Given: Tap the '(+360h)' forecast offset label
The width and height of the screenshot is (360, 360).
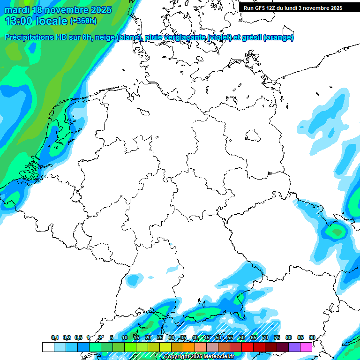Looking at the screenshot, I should [x=83, y=21].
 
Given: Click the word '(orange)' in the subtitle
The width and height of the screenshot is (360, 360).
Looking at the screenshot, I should [x=278, y=37].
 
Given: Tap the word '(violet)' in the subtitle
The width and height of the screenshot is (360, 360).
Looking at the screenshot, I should [x=217, y=37].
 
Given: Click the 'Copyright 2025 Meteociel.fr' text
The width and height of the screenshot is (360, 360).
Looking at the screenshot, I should [x=199, y=357].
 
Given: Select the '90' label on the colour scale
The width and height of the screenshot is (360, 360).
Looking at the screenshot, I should [x=312, y=337].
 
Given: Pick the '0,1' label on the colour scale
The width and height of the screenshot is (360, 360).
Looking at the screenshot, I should [x=55, y=337].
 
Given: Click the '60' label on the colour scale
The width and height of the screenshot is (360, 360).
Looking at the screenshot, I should [x=241, y=337].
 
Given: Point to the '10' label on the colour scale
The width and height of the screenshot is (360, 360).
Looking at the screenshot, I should [x=125, y=337].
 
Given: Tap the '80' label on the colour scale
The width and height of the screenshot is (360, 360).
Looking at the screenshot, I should [x=288, y=337].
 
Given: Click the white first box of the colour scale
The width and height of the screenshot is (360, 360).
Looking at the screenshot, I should [x=48, y=347].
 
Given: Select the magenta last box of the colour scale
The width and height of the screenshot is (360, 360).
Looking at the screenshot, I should [x=306, y=347].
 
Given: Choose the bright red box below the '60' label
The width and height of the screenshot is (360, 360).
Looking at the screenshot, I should [x=247, y=347].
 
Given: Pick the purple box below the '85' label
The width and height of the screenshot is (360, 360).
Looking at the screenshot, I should [x=294, y=347].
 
